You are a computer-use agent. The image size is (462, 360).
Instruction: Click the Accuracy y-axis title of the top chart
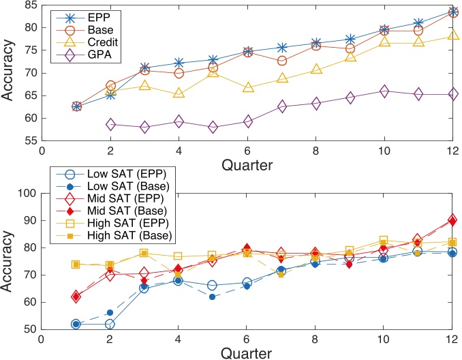pyautogui.click(x=9, y=73)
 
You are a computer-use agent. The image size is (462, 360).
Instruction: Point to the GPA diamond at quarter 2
pyautogui.click(x=110, y=124)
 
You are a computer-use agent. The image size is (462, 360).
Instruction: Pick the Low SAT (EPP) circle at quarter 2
pyautogui.click(x=110, y=324)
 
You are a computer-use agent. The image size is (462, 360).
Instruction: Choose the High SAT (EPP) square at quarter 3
pyautogui.click(x=144, y=253)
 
